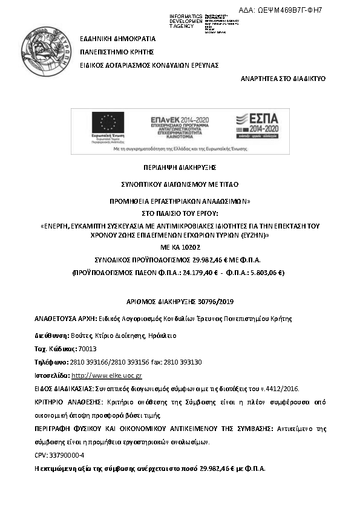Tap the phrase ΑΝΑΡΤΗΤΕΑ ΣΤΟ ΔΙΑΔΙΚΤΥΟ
[283, 79]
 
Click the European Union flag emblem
[108, 123]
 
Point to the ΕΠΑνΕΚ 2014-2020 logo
[174, 125]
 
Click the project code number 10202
[190, 247]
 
